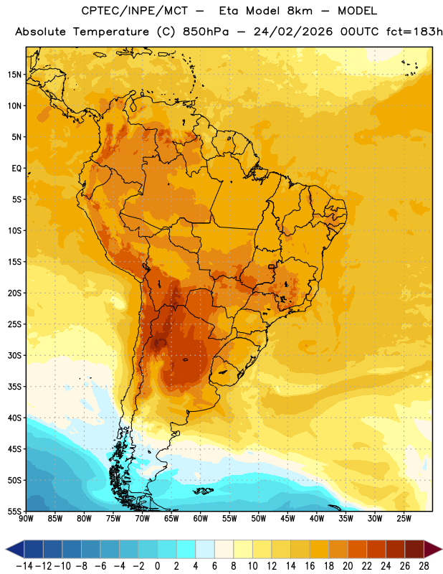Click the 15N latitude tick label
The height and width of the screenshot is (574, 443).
14,75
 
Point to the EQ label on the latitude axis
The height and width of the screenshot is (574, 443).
16,169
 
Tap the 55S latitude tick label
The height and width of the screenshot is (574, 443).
14,511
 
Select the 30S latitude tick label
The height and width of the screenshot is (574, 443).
14,355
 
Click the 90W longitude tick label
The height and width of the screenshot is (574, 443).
26,518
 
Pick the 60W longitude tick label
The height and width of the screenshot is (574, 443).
201,518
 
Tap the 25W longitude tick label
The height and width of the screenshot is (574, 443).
404,518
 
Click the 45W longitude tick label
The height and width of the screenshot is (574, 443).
288,518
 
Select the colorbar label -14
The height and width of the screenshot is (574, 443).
25,566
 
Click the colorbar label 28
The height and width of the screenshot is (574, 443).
424,566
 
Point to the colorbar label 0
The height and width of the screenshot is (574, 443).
157,566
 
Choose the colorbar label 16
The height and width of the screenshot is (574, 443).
310,566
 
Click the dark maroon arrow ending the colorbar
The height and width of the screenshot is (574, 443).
433,549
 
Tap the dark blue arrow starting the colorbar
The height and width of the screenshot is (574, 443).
15,549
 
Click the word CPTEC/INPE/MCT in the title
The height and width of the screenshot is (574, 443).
135,11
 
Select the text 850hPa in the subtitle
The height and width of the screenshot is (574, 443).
206,32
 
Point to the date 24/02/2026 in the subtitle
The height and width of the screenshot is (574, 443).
293,32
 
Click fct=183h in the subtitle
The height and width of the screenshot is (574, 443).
414,32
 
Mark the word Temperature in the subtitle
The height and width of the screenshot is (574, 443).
111,32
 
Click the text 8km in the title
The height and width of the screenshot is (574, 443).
300,11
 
